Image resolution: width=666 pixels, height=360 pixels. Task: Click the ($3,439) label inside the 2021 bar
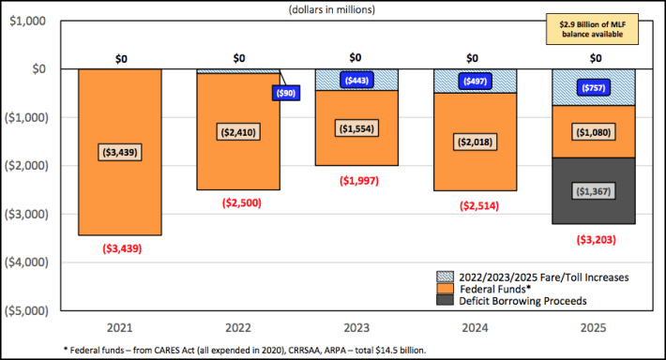pos(121,152)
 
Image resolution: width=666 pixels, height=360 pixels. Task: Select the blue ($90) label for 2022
pos(285,93)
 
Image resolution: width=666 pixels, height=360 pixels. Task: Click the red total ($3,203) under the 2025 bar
pos(594,239)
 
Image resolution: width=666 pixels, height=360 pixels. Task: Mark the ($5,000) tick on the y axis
pos(28,310)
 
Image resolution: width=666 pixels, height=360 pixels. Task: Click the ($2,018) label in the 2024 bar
pos(476,142)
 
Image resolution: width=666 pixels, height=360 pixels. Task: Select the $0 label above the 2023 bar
pos(357,58)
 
